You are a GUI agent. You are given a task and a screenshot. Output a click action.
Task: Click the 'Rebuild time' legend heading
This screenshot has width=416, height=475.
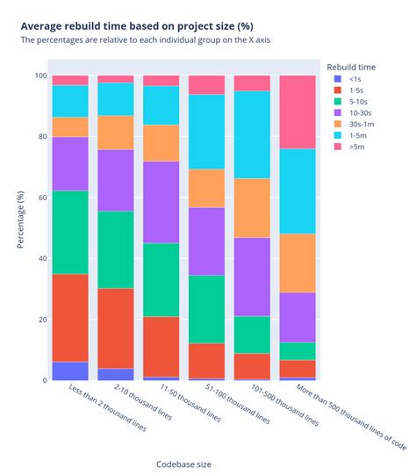coord(352,66)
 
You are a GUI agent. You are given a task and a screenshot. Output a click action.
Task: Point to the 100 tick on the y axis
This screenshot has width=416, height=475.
coord(39,76)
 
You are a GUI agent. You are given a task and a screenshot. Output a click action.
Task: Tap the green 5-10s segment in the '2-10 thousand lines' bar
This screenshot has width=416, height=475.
coord(116,249)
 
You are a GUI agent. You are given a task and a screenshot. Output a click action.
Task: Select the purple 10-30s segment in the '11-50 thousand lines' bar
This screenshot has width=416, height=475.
coord(161,202)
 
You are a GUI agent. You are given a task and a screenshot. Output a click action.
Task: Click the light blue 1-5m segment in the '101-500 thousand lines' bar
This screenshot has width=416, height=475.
coord(252,134)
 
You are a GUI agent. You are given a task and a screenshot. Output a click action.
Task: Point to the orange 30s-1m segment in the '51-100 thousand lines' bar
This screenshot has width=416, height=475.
coord(206,188)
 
